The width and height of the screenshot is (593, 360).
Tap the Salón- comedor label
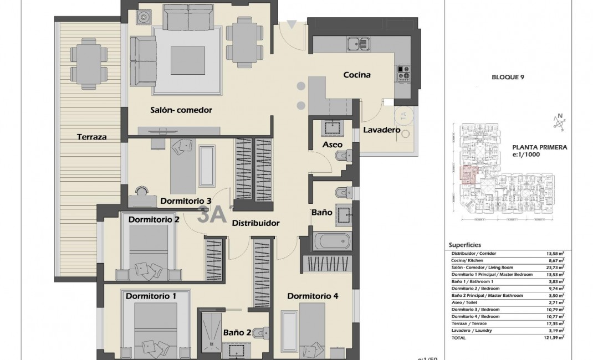point(181,110)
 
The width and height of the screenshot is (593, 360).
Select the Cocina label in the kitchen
point(356,75)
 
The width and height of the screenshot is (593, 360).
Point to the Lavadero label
point(381,130)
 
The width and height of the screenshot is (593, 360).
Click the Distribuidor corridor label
point(255,223)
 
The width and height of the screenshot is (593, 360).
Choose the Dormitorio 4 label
point(313,296)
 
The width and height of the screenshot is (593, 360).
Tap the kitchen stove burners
point(403,73)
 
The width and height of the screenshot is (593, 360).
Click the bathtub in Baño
point(332,241)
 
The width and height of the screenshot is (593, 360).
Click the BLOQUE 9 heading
point(508,78)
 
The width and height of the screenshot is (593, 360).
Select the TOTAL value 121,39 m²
point(554,337)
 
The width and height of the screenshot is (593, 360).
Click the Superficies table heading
point(464,244)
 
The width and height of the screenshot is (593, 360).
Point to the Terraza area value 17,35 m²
point(554,323)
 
